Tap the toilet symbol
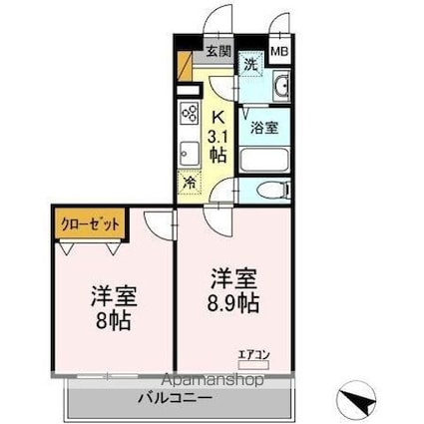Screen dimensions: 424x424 coord(269,190)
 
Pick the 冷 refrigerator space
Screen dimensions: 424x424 coord(190,183)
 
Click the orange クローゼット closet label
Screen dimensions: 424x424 coord(89,224)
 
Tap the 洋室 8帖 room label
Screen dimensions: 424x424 coord(112,308)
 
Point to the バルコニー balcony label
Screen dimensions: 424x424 coord(175,398)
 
